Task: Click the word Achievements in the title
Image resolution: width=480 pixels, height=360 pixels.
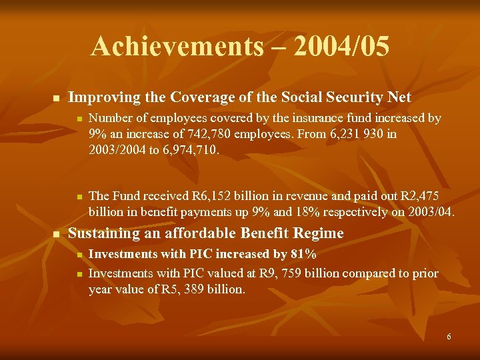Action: (x=177, y=47)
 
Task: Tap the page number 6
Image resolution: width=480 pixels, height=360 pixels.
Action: (x=449, y=337)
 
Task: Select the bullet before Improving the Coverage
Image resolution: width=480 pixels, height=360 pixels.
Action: (x=56, y=98)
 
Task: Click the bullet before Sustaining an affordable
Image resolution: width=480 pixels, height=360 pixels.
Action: (x=56, y=234)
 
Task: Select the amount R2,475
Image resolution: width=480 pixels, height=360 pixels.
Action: (x=417, y=195)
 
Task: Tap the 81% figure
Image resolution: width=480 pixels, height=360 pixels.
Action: (x=301, y=254)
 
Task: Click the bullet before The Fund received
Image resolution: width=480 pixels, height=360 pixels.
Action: (x=79, y=197)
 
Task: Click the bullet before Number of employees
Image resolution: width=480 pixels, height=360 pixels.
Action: (x=79, y=119)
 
